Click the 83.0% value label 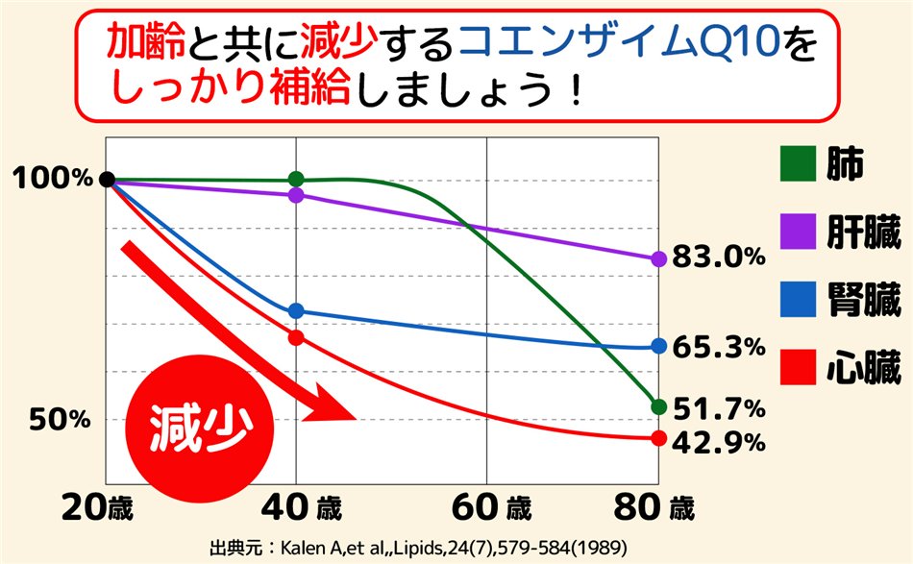click(719, 257)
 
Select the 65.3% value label click(719, 346)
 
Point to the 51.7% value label click(719, 408)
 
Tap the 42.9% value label click(719, 443)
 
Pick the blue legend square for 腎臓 click(797, 299)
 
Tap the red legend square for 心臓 click(797, 367)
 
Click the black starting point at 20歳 click(108, 179)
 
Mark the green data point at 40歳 click(296, 179)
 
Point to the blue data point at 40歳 click(296, 310)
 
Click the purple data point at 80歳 click(658, 258)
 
